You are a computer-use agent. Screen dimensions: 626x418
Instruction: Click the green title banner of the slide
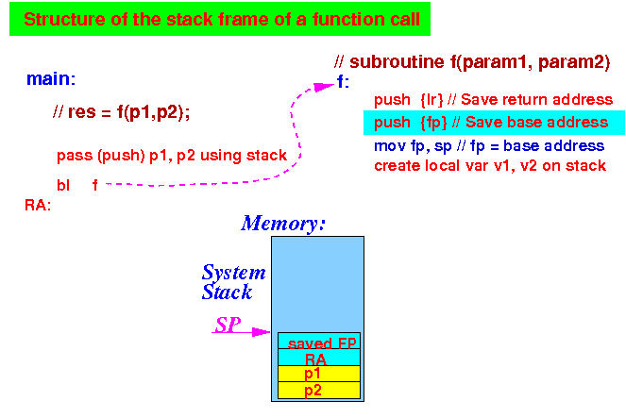point(220,19)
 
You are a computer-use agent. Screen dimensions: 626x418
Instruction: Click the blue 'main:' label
point(51,79)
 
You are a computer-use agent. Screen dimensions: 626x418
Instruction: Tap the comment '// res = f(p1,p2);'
point(121,112)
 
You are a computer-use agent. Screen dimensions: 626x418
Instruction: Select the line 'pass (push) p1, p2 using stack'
point(172,155)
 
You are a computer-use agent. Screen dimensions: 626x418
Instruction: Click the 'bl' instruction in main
point(63,186)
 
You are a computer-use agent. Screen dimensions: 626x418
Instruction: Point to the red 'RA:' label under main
point(38,205)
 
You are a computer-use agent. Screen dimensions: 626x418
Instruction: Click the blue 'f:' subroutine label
point(343,82)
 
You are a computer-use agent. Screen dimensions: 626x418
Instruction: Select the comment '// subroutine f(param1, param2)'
point(472,62)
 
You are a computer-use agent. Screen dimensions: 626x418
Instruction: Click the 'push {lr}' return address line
point(493,100)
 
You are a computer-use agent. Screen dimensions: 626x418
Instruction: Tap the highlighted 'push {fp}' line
point(494,123)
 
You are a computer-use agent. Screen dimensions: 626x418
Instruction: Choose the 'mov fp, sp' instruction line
point(489,146)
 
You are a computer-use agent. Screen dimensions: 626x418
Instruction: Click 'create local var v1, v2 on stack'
point(490,165)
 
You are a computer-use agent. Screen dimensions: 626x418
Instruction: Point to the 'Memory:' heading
point(283,224)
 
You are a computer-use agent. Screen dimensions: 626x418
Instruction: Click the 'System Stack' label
point(233,282)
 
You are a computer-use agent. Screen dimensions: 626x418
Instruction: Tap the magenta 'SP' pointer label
point(228,325)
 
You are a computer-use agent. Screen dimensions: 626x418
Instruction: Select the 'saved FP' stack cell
point(319,341)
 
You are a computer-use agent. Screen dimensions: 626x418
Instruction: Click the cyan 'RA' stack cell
point(319,358)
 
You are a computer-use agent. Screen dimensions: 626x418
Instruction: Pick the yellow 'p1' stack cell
point(319,374)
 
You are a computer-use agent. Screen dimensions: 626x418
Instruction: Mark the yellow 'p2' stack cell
point(319,390)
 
